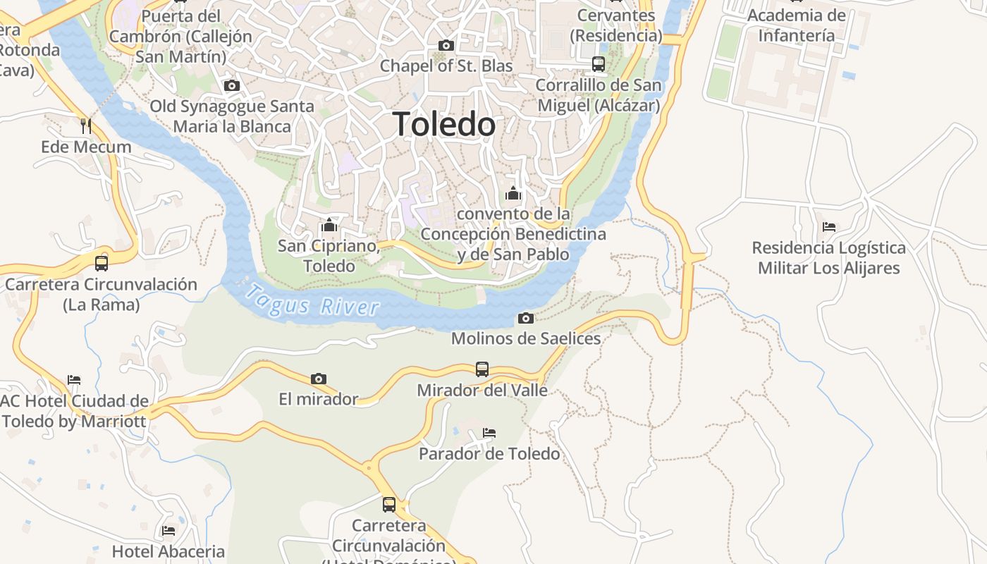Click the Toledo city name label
(x=444, y=125)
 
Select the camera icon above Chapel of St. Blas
(x=446, y=46)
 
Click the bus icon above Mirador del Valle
(x=482, y=369)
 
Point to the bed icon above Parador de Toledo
(x=489, y=432)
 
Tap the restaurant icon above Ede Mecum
(x=86, y=126)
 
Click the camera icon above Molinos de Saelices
(x=525, y=318)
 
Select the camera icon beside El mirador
(x=319, y=379)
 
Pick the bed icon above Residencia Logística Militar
(x=829, y=227)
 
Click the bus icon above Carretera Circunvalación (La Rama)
(x=102, y=264)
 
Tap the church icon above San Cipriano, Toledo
(x=329, y=226)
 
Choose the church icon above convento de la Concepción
(x=513, y=192)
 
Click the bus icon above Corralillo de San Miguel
(x=599, y=64)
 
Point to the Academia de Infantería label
(x=796, y=25)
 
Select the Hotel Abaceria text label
(x=168, y=551)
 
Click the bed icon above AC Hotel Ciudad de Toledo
(x=74, y=380)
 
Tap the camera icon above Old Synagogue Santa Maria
(x=232, y=86)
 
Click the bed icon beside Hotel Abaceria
(x=168, y=530)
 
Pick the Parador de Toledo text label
(x=489, y=453)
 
